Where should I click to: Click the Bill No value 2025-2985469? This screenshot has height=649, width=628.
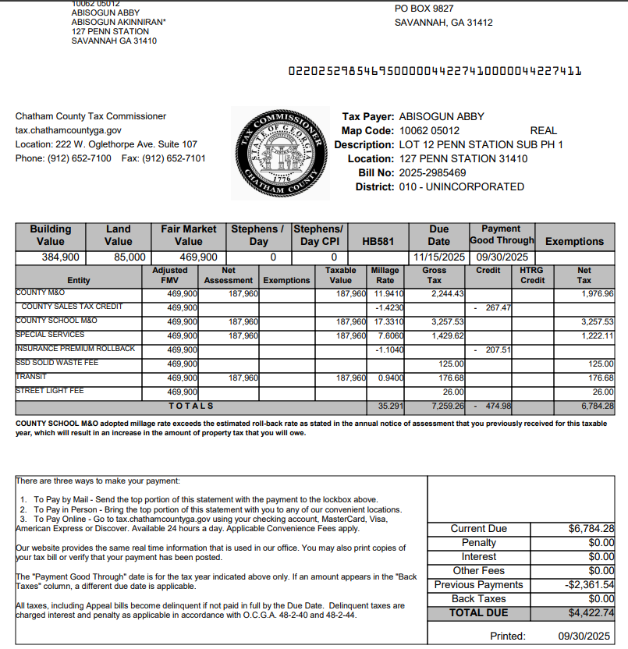point(432,172)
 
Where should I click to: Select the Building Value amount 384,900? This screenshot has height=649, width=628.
point(60,257)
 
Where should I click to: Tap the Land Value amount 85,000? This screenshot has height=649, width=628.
point(129,257)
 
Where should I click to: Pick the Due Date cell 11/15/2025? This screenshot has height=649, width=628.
point(439,257)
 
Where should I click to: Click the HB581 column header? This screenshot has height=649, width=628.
point(378,242)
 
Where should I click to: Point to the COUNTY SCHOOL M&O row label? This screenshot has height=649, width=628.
point(56,321)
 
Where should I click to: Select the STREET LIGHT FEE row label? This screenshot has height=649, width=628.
point(50,391)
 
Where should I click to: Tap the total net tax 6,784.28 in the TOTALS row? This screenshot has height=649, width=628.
point(597,406)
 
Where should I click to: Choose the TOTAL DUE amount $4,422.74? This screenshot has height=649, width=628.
point(591,613)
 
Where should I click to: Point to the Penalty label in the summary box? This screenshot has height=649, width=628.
point(478,543)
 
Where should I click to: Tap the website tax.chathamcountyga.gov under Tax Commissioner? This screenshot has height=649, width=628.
point(69,130)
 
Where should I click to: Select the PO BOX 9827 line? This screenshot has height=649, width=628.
point(424,8)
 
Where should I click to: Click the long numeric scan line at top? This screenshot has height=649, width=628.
point(435,71)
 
